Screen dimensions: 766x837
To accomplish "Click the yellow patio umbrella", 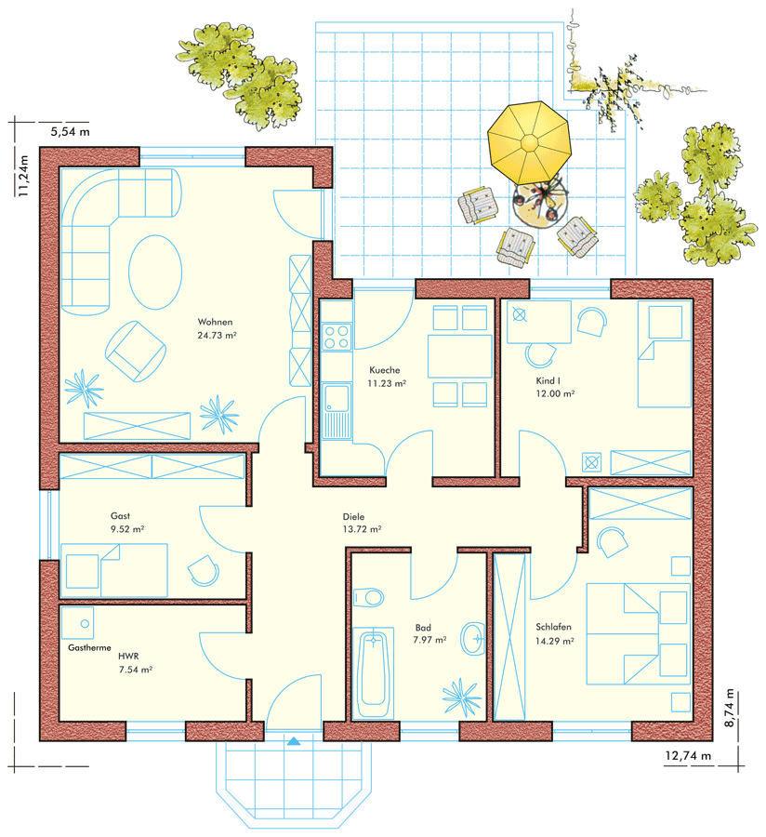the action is [529, 142].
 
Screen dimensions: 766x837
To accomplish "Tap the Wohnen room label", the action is [215, 322].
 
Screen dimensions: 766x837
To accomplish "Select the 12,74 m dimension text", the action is [688, 756].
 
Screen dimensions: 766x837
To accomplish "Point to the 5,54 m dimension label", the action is [70, 131].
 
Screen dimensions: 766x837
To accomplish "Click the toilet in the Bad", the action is [369, 597].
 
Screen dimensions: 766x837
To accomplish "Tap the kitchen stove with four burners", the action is [337, 337].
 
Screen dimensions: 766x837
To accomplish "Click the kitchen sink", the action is [337, 411].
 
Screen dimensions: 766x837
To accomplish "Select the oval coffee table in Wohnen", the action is [155, 272].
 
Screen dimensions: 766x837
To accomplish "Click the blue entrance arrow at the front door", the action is [294, 741].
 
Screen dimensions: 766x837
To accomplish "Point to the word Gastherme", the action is [89, 647].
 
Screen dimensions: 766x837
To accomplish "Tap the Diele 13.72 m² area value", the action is [362, 529].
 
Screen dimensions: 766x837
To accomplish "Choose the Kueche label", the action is [385, 370].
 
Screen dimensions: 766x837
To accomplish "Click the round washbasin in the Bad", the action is [473, 638].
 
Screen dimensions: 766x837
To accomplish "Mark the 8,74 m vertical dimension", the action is [730, 708].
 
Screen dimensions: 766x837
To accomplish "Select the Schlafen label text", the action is [554, 627].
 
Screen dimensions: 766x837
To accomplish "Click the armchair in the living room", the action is [136, 352].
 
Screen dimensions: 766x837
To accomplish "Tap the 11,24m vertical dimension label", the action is [23, 176].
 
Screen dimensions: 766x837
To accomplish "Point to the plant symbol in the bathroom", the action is [461, 697].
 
